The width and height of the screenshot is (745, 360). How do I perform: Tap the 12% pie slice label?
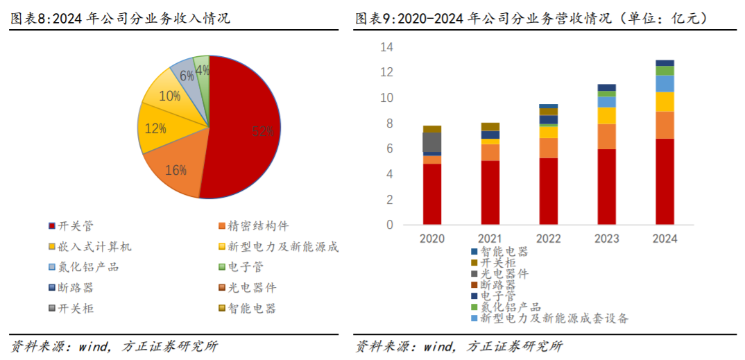click(156, 128)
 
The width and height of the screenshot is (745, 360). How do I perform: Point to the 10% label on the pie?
click(169, 96)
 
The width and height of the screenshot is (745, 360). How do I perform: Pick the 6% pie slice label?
click(187, 76)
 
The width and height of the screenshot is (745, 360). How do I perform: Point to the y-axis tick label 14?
click(386, 47)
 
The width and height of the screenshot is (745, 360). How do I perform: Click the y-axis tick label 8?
click(389, 123)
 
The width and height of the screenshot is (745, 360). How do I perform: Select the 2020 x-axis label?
click(432, 238)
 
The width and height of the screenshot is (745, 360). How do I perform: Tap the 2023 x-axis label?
click(606, 238)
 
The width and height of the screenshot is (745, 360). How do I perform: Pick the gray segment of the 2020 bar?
click(432, 142)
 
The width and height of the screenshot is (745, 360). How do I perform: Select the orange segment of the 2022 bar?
click(548, 148)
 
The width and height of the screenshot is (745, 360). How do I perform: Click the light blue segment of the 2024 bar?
click(665, 84)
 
